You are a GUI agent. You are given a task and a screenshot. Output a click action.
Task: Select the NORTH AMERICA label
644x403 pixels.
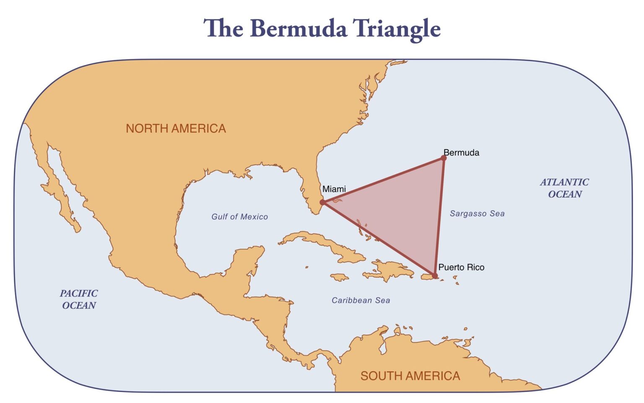coord(176,128)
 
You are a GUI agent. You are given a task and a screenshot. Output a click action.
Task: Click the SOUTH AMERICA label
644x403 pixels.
coord(410,376)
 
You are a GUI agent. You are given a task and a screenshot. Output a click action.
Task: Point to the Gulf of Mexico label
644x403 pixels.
coord(239,217)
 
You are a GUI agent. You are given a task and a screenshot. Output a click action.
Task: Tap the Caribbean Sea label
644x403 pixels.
coord(361,300)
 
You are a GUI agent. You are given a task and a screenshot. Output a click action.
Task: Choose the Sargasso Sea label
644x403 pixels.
coord(477,214)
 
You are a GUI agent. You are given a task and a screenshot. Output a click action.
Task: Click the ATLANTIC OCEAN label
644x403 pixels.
coord(564,188)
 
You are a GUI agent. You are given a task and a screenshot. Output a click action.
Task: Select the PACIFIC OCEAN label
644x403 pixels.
coord(79,299)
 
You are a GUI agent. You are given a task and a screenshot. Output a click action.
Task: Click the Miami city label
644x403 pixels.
coord(334,189)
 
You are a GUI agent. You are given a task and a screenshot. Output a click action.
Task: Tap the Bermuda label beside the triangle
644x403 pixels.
coord(461,153)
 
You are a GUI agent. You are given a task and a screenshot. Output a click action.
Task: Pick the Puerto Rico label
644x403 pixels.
coord(461,267)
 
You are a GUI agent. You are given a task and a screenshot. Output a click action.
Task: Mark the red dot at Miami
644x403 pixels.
coord(322,202)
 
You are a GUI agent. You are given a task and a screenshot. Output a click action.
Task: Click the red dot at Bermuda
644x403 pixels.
coord(444,158)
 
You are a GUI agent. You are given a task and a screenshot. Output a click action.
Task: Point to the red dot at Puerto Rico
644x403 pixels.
coord(435,276)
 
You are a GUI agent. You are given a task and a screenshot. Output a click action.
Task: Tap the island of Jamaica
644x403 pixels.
coord(340,277)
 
